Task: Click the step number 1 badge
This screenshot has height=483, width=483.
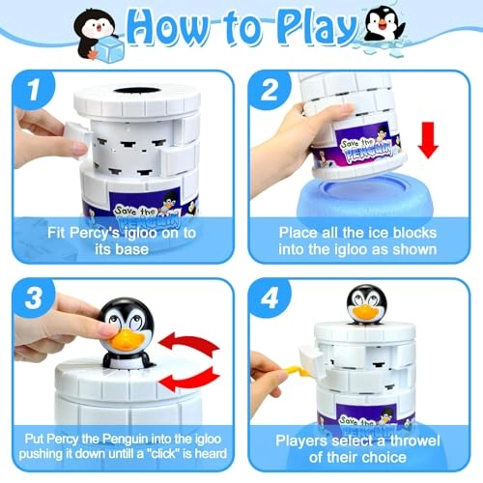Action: tap(33, 90)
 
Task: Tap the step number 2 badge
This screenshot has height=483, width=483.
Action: tap(269, 90)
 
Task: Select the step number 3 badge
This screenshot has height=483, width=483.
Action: tap(33, 298)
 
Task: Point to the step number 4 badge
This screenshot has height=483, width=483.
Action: tap(269, 298)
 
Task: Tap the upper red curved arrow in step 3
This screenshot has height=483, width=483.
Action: tap(190, 345)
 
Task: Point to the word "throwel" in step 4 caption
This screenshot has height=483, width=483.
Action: tap(414, 440)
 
